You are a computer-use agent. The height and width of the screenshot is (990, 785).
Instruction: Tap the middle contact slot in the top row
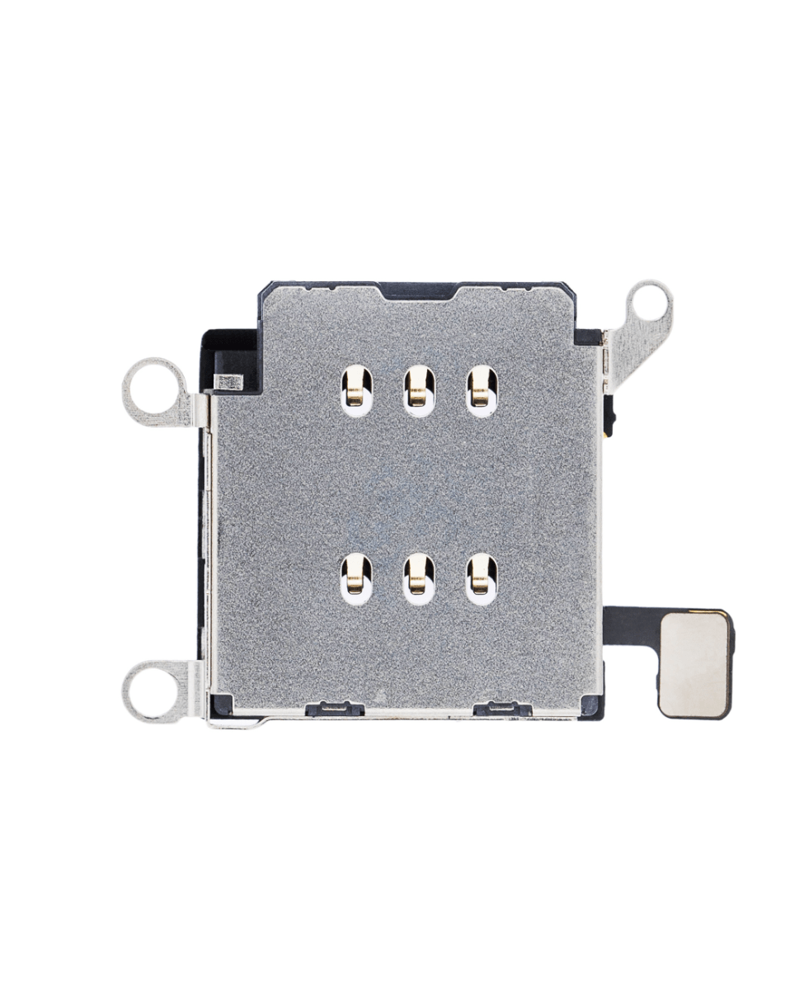(x=419, y=390)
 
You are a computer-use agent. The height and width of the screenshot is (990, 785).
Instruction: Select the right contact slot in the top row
(x=482, y=390)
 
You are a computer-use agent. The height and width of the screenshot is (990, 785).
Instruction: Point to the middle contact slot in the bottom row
(x=419, y=575)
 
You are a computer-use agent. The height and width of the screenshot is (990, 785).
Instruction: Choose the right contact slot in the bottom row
(x=482, y=575)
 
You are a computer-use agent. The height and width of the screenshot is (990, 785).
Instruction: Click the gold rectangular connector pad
(x=694, y=664)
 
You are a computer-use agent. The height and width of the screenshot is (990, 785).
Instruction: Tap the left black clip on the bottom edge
(x=334, y=709)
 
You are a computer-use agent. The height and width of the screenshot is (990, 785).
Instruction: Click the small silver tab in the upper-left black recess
(x=227, y=380)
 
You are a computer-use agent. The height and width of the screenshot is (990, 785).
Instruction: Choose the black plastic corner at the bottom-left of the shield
(x=221, y=705)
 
